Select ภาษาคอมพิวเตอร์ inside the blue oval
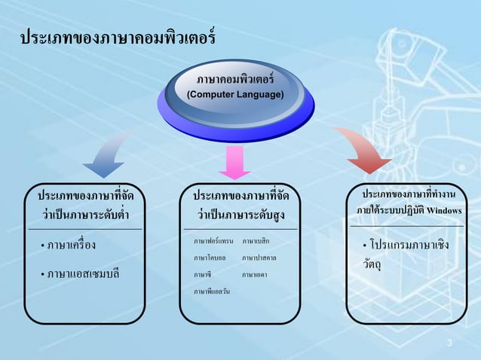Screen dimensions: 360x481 (235, 80)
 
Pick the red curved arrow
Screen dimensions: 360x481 (362, 154)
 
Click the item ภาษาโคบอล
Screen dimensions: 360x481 (210, 258)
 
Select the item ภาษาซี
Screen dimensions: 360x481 (202, 275)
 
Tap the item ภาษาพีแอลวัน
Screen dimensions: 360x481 (212, 291)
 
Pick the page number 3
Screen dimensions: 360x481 (449, 345)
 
